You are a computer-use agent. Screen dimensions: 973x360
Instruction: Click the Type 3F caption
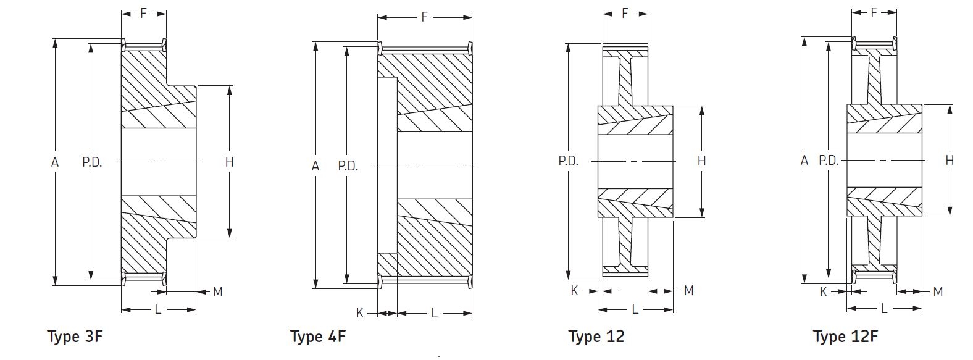[75, 337]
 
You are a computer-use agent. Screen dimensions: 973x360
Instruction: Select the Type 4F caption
[318, 337]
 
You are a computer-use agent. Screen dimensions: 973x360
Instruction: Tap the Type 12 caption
[596, 337]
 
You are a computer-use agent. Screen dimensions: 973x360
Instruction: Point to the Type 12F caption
[845, 337]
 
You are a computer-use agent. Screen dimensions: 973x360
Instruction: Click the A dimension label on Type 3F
[55, 162]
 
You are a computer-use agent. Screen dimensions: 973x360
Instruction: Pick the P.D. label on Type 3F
[92, 162]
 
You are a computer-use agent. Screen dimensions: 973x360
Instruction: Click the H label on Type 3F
[229, 162]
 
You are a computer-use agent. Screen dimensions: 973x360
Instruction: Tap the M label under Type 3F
[217, 292]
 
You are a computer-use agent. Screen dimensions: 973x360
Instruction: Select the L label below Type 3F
[158, 309]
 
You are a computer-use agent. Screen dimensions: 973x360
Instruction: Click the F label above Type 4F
[424, 17]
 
